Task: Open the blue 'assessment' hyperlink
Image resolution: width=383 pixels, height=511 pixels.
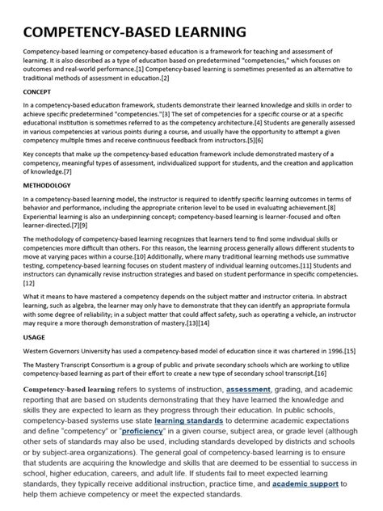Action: coord(249,389)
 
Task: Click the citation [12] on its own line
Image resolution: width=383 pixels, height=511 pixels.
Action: coord(29,283)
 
